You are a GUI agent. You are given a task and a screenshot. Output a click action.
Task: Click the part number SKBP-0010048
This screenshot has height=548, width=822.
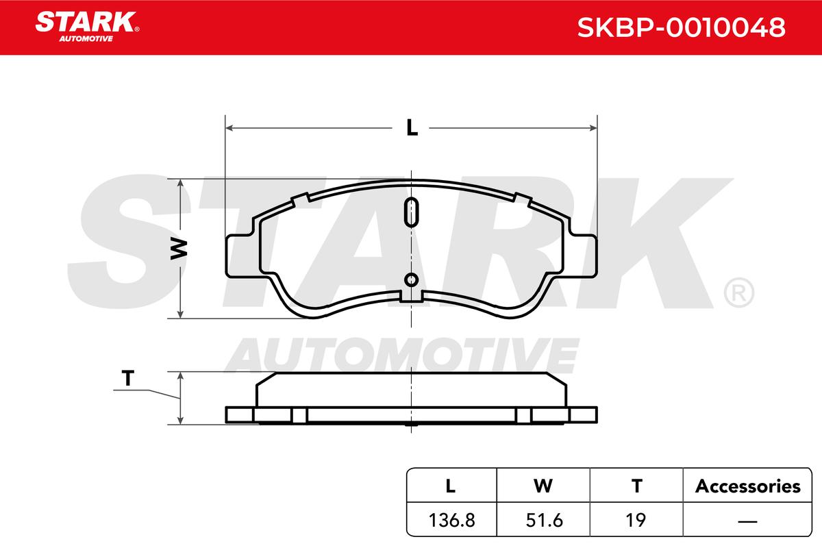(681, 27)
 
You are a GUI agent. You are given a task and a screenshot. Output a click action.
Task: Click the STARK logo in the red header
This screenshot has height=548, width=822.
(87, 27)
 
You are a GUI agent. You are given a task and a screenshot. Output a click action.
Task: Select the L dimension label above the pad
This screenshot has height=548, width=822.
(412, 128)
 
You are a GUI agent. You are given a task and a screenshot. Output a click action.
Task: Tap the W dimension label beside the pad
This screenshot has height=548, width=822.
(179, 249)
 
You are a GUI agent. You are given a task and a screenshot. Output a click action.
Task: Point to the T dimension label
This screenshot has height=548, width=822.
(127, 378)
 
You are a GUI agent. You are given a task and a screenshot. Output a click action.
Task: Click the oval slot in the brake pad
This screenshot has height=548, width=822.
(412, 212)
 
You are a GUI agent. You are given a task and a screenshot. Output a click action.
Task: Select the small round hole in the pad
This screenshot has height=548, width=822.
(412, 279)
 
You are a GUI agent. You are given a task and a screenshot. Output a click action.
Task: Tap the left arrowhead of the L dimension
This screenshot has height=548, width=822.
(229, 127)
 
